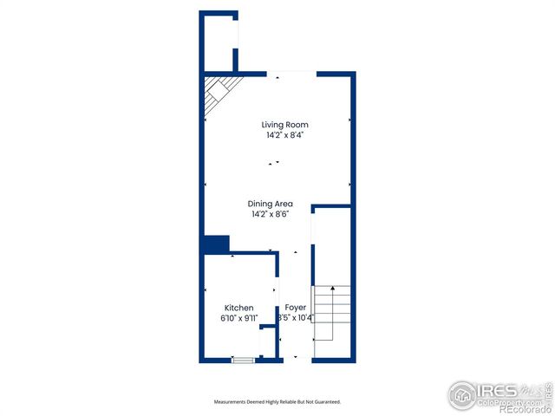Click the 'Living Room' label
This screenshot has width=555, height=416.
284,125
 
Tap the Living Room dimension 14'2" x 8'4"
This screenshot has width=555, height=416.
284,135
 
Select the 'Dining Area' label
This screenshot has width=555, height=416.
272,204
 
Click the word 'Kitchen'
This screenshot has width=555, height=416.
239,308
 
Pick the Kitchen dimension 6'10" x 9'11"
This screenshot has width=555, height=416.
239,318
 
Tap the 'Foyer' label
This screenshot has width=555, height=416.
295,308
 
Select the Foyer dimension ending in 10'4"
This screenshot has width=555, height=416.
295,318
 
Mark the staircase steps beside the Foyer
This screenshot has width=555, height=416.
332,312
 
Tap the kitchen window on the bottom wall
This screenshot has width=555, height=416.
244,360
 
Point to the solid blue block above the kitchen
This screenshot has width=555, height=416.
215,244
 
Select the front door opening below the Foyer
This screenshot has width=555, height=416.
296,360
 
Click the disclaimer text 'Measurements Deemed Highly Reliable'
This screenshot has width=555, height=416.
277,402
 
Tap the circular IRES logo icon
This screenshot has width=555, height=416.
463,394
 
